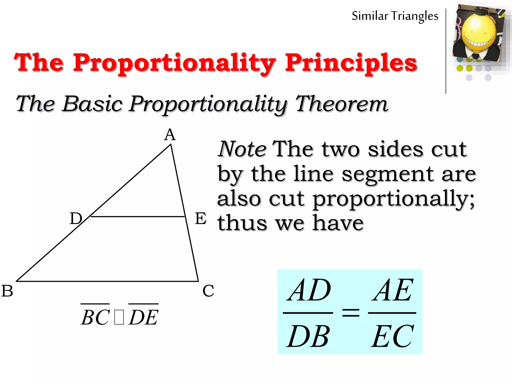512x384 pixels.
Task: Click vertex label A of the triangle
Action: click(170, 135)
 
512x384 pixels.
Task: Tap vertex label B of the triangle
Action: click(7, 291)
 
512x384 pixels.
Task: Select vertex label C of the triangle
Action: click(208, 290)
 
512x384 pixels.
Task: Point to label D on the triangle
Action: click(76, 218)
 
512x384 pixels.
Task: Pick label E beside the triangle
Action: click(200, 218)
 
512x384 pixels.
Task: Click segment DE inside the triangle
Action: click(137, 216)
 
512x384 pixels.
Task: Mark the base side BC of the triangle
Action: click(107, 281)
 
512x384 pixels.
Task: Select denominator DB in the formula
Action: click(308, 336)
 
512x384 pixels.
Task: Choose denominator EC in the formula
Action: click(392, 336)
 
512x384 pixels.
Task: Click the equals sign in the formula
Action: click(350, 312)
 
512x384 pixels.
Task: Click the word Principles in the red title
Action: click(351, 63)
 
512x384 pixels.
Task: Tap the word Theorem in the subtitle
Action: click(341, 104)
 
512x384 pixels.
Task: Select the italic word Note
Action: click(242, 149)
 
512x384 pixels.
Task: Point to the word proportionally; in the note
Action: click(393, 199)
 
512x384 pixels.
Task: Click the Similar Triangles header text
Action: click(395, 16)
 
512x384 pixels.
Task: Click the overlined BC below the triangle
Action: click(95, 316)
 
